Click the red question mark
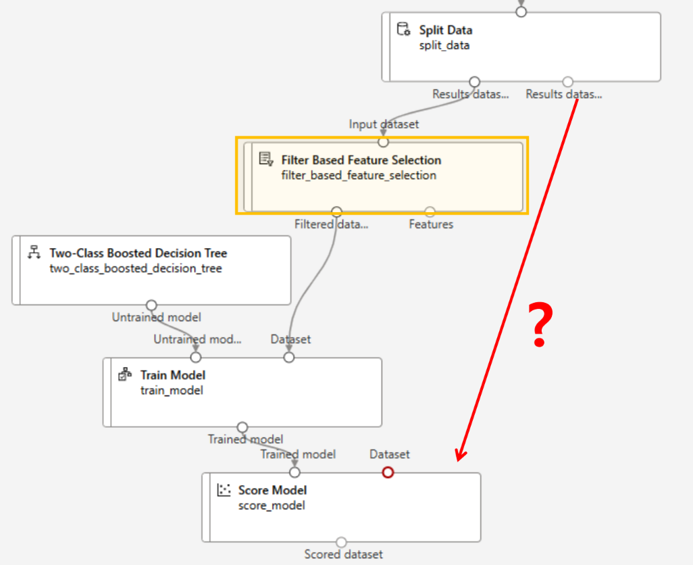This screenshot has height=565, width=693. pos(539,326)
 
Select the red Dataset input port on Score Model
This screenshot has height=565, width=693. pos(388,472)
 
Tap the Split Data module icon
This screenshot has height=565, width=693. pos(403,29)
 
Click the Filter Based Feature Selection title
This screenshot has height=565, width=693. pos(361,160)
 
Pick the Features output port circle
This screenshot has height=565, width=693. pos(430,212)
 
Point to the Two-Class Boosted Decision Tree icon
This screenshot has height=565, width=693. pos(33,253)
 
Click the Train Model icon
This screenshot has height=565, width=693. pos(124,374)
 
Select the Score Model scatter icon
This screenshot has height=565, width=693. pos(224,490)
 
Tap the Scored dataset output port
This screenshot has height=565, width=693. pos(341,542)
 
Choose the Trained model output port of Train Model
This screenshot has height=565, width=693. pos(242,427)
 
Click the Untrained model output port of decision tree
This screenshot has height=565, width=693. pos(151,305)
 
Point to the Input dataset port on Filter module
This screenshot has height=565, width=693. pos(383,142)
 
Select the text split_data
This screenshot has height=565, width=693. pos(444,45)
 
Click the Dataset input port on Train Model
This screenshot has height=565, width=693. pos(289,357)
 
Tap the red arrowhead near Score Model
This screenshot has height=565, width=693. pos(461,456)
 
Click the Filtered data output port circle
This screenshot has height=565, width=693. pos(337,212)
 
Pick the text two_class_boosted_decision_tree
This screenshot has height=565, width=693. pos(135,268)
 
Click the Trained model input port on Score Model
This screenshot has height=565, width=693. pos(294,472)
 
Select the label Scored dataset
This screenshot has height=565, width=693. pos(343,555)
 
